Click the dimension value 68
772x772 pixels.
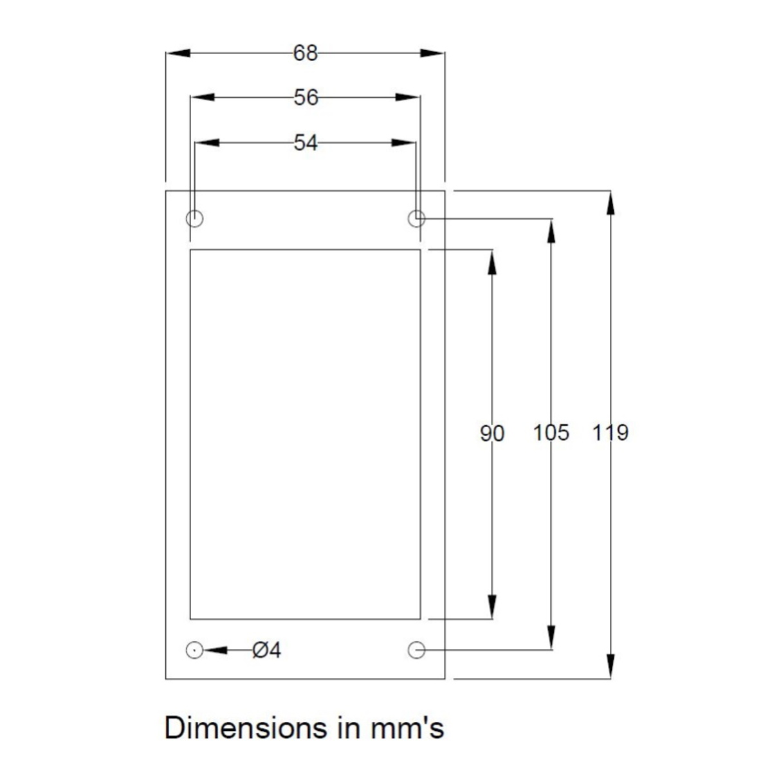pyautogui.click(x=305, y=53)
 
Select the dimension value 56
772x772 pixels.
pyautogui.click(x=306, y=97)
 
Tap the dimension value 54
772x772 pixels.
pyautogui.click(x=306, y=143)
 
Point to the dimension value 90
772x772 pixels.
pyautogui.click(x=492, y=433)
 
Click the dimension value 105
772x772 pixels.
pyautogui.click(x=551, y=433)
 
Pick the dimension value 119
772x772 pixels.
pyautogui.click(x=610, y=433)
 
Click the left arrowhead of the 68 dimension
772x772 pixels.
pyautogui.click(x=178, y=53)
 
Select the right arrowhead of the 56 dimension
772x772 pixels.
pyautogui.click(x=407, y=97)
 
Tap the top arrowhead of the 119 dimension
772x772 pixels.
pyautogui.click(x=610, y=203)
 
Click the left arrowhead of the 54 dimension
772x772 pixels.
pyautogui.click(x=207, y=143)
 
